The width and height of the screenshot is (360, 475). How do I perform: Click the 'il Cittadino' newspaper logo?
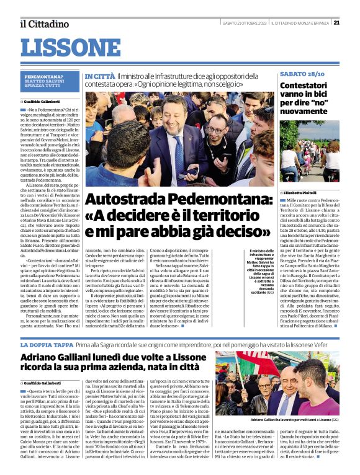(x=44, y=24)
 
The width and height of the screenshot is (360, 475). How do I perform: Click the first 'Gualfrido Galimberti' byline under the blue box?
(x=42, y=101)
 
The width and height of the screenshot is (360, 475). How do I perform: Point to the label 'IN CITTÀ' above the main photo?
(x=99, y=75)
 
